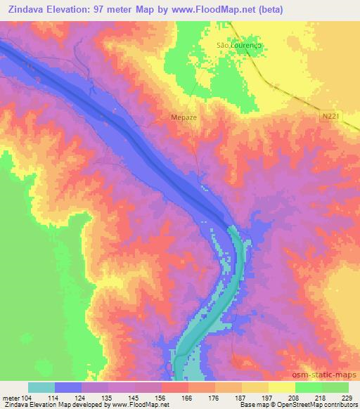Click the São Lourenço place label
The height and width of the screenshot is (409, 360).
tap(238, 45)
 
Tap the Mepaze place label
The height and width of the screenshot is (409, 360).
tap(184, 118)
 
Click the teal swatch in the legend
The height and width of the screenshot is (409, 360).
tap(41, 387)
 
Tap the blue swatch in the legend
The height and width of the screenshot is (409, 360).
tap(68, 387)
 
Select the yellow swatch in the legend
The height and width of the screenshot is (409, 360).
tap(282, 387)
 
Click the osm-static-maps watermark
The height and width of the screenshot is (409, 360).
tap(330, 375)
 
